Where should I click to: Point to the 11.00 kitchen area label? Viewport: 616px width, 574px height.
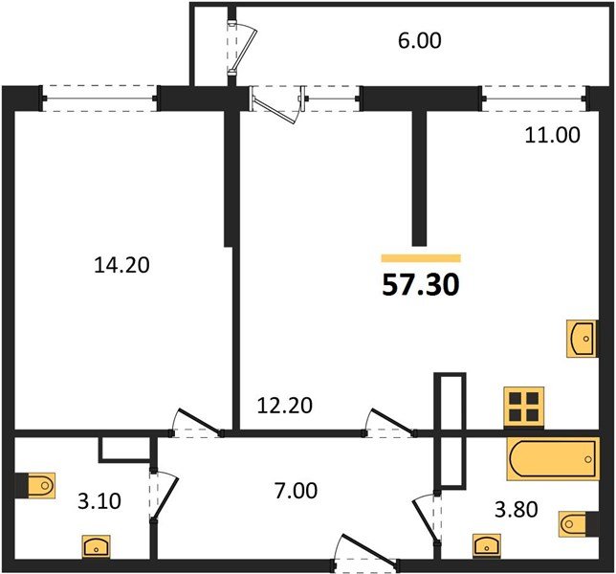[552, 135]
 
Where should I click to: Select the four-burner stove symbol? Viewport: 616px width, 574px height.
[524, 407]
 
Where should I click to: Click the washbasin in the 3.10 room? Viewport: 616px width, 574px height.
[94, 546]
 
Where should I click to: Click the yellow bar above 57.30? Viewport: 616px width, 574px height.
[420, 257]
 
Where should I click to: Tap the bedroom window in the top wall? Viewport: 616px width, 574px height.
[100, 98]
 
